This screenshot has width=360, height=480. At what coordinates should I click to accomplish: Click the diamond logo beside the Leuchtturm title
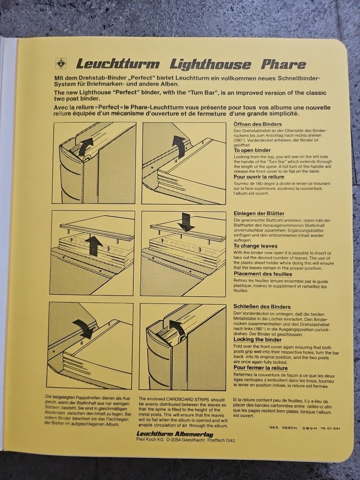61,63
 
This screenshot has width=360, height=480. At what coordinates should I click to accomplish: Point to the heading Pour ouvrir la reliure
259,176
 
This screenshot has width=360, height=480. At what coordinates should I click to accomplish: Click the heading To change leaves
256,245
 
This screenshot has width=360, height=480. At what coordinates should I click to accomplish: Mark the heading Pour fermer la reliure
260,367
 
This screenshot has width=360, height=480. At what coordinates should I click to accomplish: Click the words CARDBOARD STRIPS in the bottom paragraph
187,399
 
